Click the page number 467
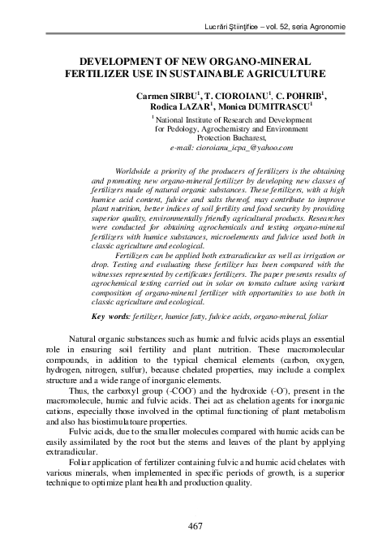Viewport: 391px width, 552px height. [195, 527]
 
